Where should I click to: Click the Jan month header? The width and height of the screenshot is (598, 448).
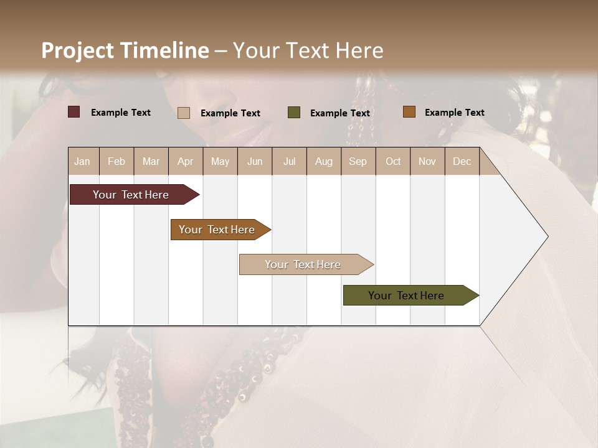[x=83, y=161]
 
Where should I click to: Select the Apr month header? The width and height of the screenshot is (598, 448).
[x=186, y=161]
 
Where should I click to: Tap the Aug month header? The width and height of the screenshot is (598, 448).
[x=324, y=161]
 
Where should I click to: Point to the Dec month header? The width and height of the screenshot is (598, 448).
[x=462, y=161]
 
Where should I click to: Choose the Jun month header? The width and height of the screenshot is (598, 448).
[x=255, y=161]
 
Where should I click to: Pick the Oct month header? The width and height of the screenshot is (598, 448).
[x=393, y=161]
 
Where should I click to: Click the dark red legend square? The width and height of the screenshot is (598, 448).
[x=74, y=112]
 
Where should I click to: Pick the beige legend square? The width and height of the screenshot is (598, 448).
[x=184, y=113]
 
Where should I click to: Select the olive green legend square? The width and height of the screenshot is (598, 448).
[x=294, y=112]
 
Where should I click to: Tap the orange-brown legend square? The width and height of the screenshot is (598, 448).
[x=409, y=112]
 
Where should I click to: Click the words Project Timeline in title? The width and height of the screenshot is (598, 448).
[x=125, y=50]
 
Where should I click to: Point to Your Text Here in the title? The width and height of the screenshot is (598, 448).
[x=308, y=50]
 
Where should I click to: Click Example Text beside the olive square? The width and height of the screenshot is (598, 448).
[x=340, y=113]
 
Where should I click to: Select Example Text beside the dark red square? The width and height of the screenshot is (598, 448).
[x=121, y=113]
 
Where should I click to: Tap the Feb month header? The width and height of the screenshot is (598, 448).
[x=116, y=161]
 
